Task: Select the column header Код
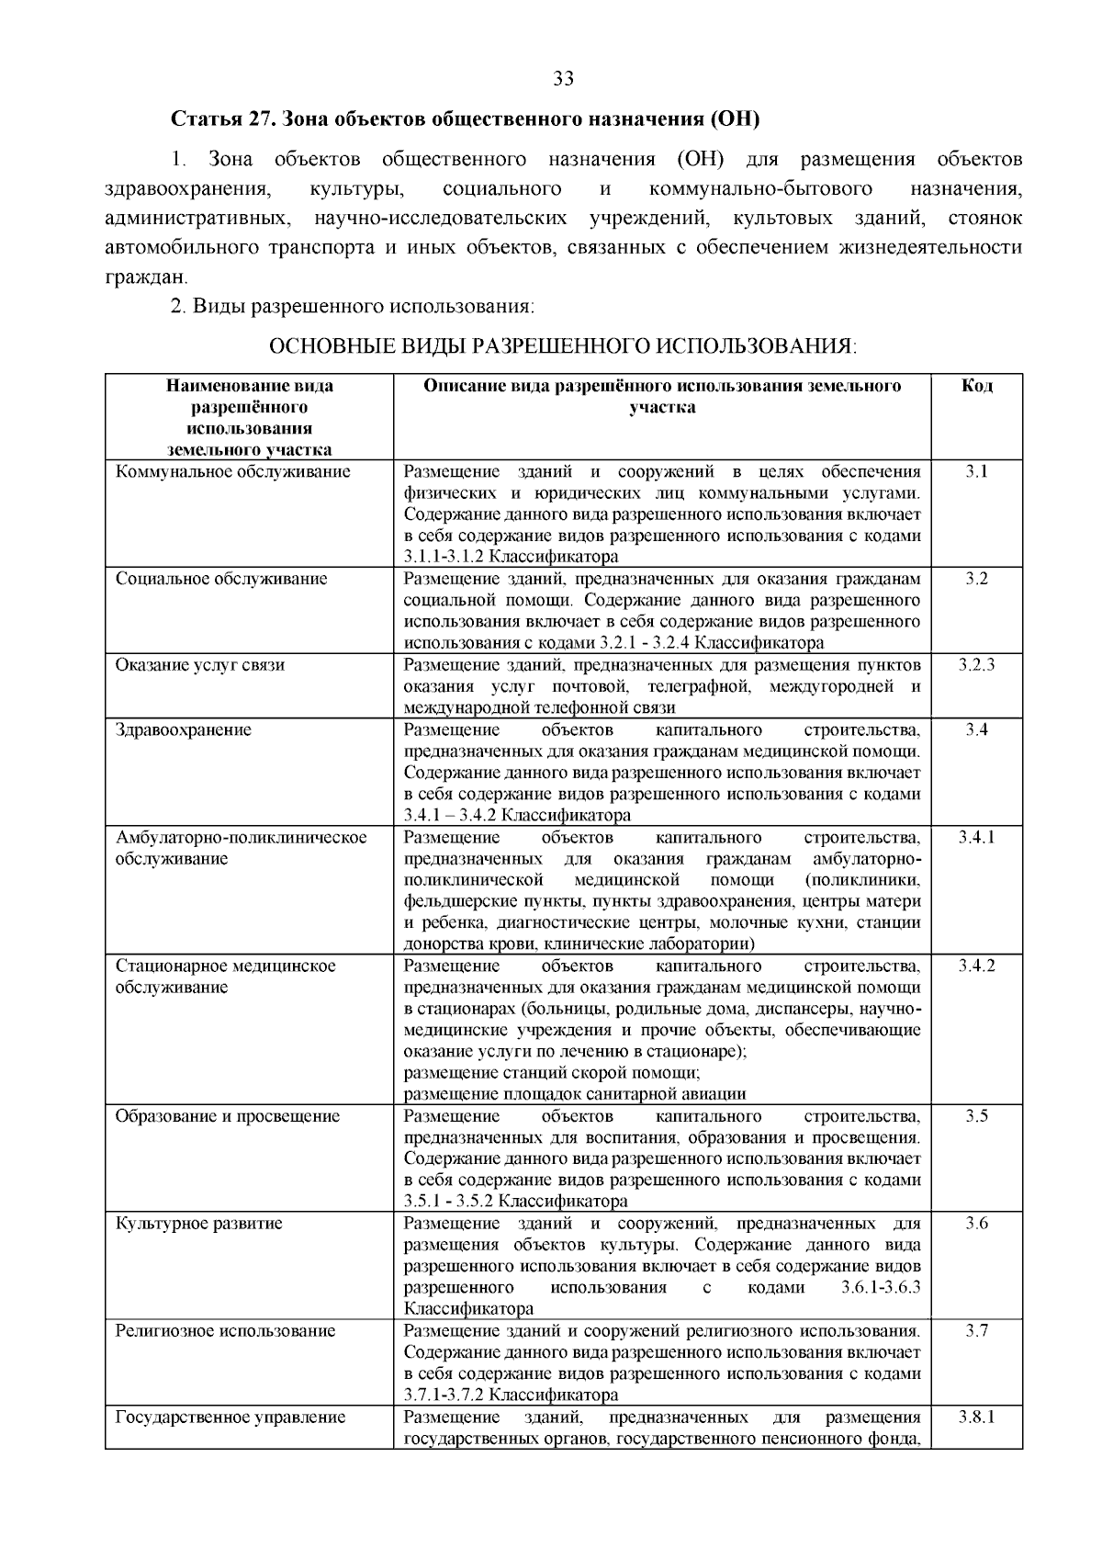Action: [x=976, y=386]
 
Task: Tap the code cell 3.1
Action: [x=976, y=472]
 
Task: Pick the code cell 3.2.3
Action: [x=976, y=665]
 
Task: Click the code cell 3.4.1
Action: [x=976, y=837]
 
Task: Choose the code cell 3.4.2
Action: [x=976, y=966]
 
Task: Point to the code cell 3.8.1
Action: [x=976, y=1417]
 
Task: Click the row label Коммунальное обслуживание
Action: [x=233, y=472]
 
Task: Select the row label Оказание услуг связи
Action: [x=199, y=665]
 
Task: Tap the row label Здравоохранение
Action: [x=183, y=729]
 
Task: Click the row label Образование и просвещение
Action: [x=227, y=1116]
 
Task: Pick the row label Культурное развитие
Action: [x=198, y=1224]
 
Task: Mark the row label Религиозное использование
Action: [x=225, y=1331]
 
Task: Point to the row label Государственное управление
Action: [x=230, y=1417]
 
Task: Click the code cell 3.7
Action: [x=976, y=1331]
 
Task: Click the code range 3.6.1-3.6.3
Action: [x=880, y=1288]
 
